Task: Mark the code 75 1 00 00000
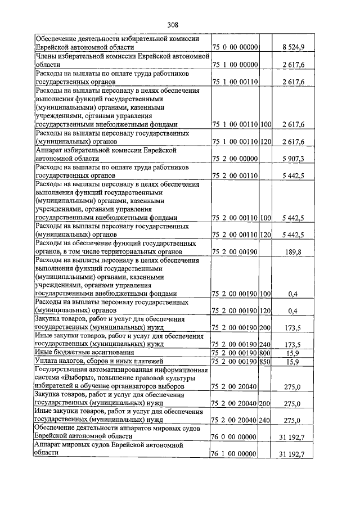coord(235,65)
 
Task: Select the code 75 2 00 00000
coord(235,159)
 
